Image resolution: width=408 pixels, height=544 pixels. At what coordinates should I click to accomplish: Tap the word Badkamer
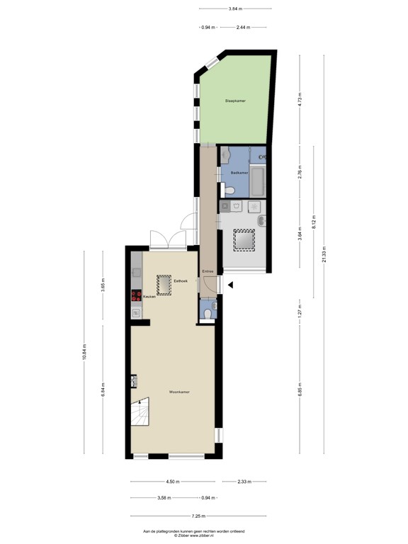coord(239,172)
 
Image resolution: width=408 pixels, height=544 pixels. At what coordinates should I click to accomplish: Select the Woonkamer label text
coord(179,392)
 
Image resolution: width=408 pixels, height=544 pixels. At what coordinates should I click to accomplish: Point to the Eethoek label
coord(181,281)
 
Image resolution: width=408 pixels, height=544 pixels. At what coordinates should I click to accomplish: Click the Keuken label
coord(149,297)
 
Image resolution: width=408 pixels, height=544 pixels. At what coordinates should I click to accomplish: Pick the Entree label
coord(208,271)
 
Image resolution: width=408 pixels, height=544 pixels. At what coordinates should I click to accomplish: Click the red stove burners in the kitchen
coord(135,297)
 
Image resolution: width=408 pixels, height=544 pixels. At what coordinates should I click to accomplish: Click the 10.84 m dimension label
coord(84,352)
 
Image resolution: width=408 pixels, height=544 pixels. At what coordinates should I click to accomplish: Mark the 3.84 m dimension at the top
coord(235,9)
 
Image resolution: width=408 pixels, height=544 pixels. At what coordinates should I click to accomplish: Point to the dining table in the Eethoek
coord(164,285)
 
